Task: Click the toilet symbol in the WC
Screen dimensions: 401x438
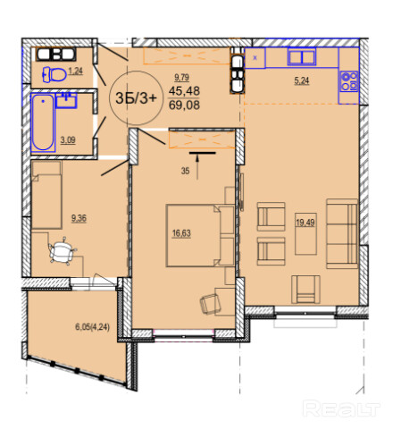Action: [x=54, y=74]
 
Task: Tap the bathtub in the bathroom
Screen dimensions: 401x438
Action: [x=43, y=122]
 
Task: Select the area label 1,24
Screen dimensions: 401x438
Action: [x=76, y=71]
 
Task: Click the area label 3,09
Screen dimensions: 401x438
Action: [x=68, y=139]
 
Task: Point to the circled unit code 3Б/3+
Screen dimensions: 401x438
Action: [x=136, y=98]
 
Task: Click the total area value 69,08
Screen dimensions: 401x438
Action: [x=184, y=105]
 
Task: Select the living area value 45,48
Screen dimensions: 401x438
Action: [x=184, y=91]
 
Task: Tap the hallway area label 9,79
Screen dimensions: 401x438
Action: [x=182, y=78]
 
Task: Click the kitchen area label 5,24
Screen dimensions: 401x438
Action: [x=302, y=80]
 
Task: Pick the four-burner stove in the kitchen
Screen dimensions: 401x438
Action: [x=349, y=81]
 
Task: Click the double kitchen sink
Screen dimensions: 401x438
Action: [x=302, y=57]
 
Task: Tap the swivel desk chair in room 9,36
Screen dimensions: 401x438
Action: [x=63, y=251]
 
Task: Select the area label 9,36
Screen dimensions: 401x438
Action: [x=79, y=218]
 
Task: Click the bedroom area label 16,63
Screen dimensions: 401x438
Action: [x=181, y=233]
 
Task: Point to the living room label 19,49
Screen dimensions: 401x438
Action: [x=305, y=223]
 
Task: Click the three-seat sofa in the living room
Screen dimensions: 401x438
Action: [x=342, y=233]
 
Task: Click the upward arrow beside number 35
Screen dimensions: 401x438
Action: [x=197, y=168]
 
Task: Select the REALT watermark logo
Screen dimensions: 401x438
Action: [x=341, y=409]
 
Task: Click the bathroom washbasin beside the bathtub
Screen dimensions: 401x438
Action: [x=67, y=101]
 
